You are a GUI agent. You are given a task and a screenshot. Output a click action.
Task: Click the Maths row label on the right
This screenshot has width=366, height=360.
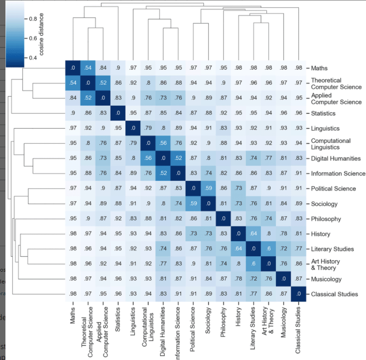tap(320, 68)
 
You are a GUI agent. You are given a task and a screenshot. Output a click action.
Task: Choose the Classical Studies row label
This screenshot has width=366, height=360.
tap(334, 294)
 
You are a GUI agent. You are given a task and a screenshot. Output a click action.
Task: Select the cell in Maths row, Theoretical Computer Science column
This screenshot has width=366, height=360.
tap(87, 68)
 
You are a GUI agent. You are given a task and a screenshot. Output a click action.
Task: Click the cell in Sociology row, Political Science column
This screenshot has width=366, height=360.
tap(193, 204)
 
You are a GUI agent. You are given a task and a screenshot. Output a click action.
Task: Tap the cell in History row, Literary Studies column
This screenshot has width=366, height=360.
tap(253, 234)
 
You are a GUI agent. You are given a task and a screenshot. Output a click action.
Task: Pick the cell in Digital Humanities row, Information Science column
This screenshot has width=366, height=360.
tap(178, 159)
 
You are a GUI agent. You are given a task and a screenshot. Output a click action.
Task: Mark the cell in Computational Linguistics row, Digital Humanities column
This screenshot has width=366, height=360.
tap(163, 143)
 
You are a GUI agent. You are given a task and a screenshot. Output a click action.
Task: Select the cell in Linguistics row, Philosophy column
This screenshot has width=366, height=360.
tap(223, 128)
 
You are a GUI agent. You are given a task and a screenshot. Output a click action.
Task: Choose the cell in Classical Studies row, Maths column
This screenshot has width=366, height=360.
tap(72, 294)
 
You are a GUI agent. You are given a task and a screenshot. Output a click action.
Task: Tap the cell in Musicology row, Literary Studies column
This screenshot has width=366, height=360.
tap(253, 279)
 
